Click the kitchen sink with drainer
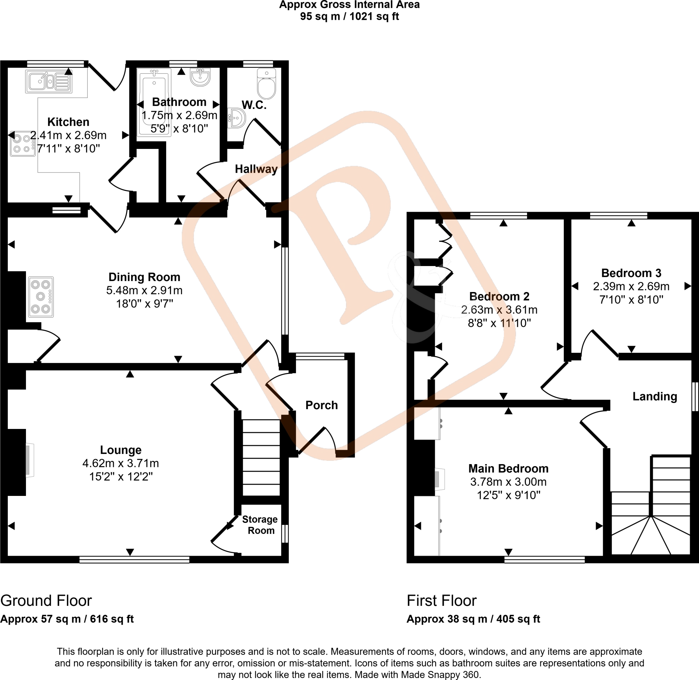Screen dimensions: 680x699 click(48, 81)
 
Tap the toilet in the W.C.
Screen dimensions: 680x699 click(267, 84)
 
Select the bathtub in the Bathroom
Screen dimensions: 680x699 click(154, 102)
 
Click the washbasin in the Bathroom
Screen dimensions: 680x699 click(200, 77)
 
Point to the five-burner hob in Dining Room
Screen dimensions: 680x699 click(41, 297)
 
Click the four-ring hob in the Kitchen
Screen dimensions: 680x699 click(22, 143)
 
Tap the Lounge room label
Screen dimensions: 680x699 click(120, 450)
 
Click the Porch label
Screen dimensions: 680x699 click(322, 405)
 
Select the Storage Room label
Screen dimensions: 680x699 click(260, 525)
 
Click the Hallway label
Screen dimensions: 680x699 click(256, 169)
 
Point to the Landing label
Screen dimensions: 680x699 click(655, 396)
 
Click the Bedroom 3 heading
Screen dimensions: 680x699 click(631, 273)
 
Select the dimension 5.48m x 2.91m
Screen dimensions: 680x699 click(144, 290)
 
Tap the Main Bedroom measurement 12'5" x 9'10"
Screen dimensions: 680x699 click(509, 495)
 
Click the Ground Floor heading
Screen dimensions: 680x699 click(46, 600)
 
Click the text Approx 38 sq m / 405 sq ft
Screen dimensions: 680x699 click(473, 619)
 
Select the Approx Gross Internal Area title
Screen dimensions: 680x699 click(349, 5)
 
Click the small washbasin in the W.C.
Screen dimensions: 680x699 click(237, 118)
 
